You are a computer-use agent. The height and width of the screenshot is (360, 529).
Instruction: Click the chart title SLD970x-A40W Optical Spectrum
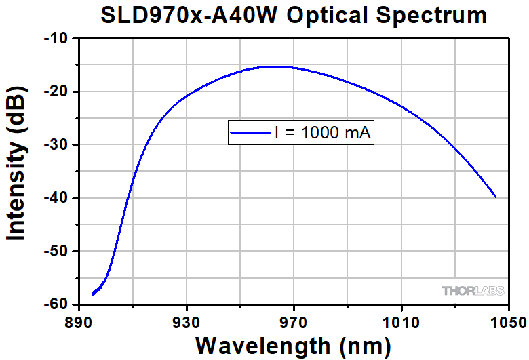[293, 16]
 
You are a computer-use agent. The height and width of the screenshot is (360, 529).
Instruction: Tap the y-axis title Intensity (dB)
[16, 169]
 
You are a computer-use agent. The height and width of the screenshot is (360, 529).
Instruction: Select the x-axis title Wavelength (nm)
[293, 344]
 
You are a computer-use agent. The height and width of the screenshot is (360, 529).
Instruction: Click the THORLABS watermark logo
[473, 291]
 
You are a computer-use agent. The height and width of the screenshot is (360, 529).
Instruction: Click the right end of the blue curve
[496, 197]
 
